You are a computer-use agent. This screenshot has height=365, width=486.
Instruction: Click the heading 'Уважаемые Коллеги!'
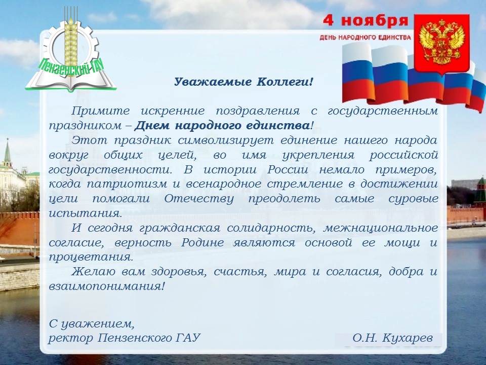pos(244,82)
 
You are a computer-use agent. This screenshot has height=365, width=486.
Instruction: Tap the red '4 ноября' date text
pos(366,21)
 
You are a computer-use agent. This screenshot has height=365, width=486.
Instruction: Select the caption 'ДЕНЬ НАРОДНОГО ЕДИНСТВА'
pos(365,38)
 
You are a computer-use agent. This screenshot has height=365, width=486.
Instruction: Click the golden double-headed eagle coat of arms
pos(441,43)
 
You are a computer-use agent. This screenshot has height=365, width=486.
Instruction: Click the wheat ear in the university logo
pos(71,41)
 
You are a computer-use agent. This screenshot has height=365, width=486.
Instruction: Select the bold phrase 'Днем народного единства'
pos(222,126)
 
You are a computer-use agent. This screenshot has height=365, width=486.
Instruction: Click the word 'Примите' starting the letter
pos(100,111)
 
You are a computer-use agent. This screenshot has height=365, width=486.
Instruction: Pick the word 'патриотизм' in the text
pos(127,184)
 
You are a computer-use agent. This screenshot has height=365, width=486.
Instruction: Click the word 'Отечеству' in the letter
pos(198,199)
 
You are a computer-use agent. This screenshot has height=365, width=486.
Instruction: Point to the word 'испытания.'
pos(86,213)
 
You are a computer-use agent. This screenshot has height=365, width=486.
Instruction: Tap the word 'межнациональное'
pos(381,228)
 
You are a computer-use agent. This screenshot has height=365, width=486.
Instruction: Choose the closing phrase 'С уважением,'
pos(92,324)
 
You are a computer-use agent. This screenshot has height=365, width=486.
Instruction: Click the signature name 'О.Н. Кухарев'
pos(392,338)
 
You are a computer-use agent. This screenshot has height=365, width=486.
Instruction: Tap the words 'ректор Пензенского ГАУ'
pos(125,338)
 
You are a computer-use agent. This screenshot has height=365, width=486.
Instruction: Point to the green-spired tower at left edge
pos(7,155)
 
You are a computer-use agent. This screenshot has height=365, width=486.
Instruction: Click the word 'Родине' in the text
pos(202,242)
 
